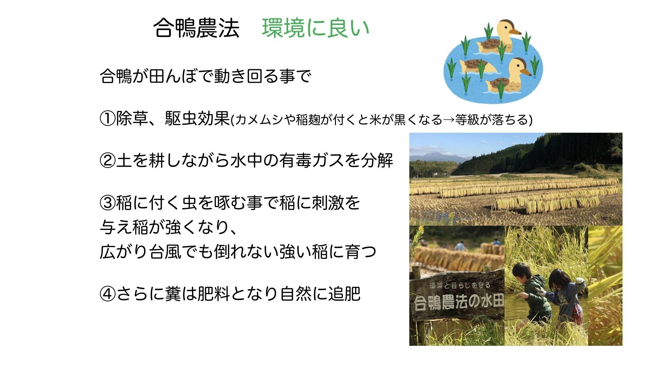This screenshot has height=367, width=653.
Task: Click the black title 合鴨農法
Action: tap(197, 28)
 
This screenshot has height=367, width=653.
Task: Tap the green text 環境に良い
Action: tap(315, 28)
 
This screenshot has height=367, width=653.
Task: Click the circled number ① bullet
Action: tap(107, 119)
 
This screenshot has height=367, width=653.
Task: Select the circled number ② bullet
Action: tap(107, 161)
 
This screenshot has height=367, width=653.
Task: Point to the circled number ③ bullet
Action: tap(107, 203)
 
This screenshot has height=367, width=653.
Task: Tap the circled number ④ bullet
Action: tap(107, 294)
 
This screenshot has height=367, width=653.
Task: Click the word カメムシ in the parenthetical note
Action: tap(258, 120)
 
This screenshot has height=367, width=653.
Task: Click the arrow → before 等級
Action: tap(449, 120)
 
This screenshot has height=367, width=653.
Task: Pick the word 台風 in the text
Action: tap(165, 252)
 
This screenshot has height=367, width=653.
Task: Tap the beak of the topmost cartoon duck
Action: tap(515, 32)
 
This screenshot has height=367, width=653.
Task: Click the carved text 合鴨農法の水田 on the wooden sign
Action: tap(459, 302)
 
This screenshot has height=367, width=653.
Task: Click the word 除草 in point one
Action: tap(132, 119)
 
